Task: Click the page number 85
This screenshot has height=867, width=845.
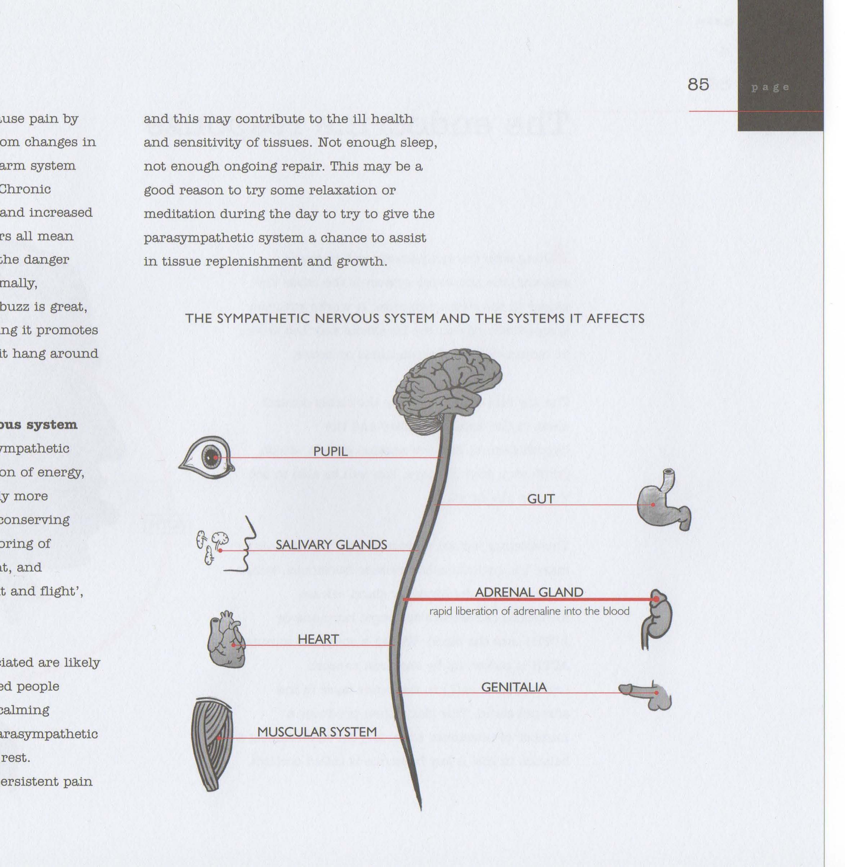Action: pos(698,84)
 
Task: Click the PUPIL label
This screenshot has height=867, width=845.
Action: pos(330,452)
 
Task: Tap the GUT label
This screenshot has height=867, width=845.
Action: pos(541,499)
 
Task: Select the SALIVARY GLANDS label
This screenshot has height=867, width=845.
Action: pos(331,545)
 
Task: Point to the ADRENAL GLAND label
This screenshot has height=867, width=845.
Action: pos(528,592)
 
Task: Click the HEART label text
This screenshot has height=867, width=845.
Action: pos(318,639)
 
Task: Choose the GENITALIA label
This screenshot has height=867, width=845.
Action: pos(514,687)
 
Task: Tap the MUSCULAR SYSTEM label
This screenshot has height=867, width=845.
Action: pos(317,732)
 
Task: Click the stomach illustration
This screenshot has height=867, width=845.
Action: pos(661,504)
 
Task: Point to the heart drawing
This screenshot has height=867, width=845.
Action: pos(226,640)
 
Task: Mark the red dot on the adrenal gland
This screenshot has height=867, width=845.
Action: pos(656,599)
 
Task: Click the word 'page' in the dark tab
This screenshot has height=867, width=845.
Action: pos(770,88)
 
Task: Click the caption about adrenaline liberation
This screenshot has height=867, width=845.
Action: pos(529,611)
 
